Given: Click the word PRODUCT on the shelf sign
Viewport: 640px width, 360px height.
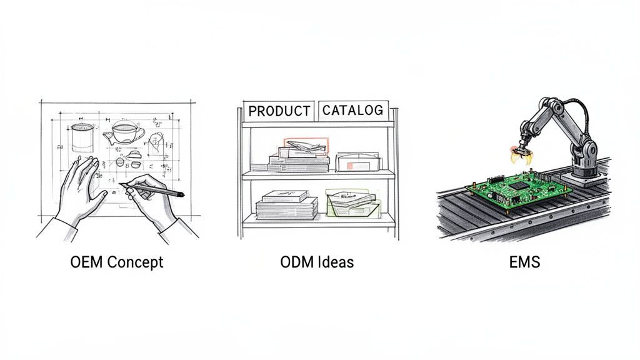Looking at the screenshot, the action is click(279, 111).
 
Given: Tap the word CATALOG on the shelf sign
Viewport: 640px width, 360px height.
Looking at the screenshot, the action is click(352, 110).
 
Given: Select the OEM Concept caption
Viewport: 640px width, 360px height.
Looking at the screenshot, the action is click(117, 262).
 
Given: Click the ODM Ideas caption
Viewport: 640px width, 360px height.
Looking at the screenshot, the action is click(317, 262).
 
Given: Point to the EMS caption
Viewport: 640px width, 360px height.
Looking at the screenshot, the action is click(524, 262).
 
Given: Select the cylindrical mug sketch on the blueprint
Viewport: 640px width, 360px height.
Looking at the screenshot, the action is click(82, 138).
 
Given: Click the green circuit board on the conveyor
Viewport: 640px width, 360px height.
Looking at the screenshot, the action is click(518, 189).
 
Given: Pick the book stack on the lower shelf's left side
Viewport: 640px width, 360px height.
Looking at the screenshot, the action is click(286, 205).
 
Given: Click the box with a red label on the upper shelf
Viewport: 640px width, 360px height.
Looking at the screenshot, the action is click(357, 162).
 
